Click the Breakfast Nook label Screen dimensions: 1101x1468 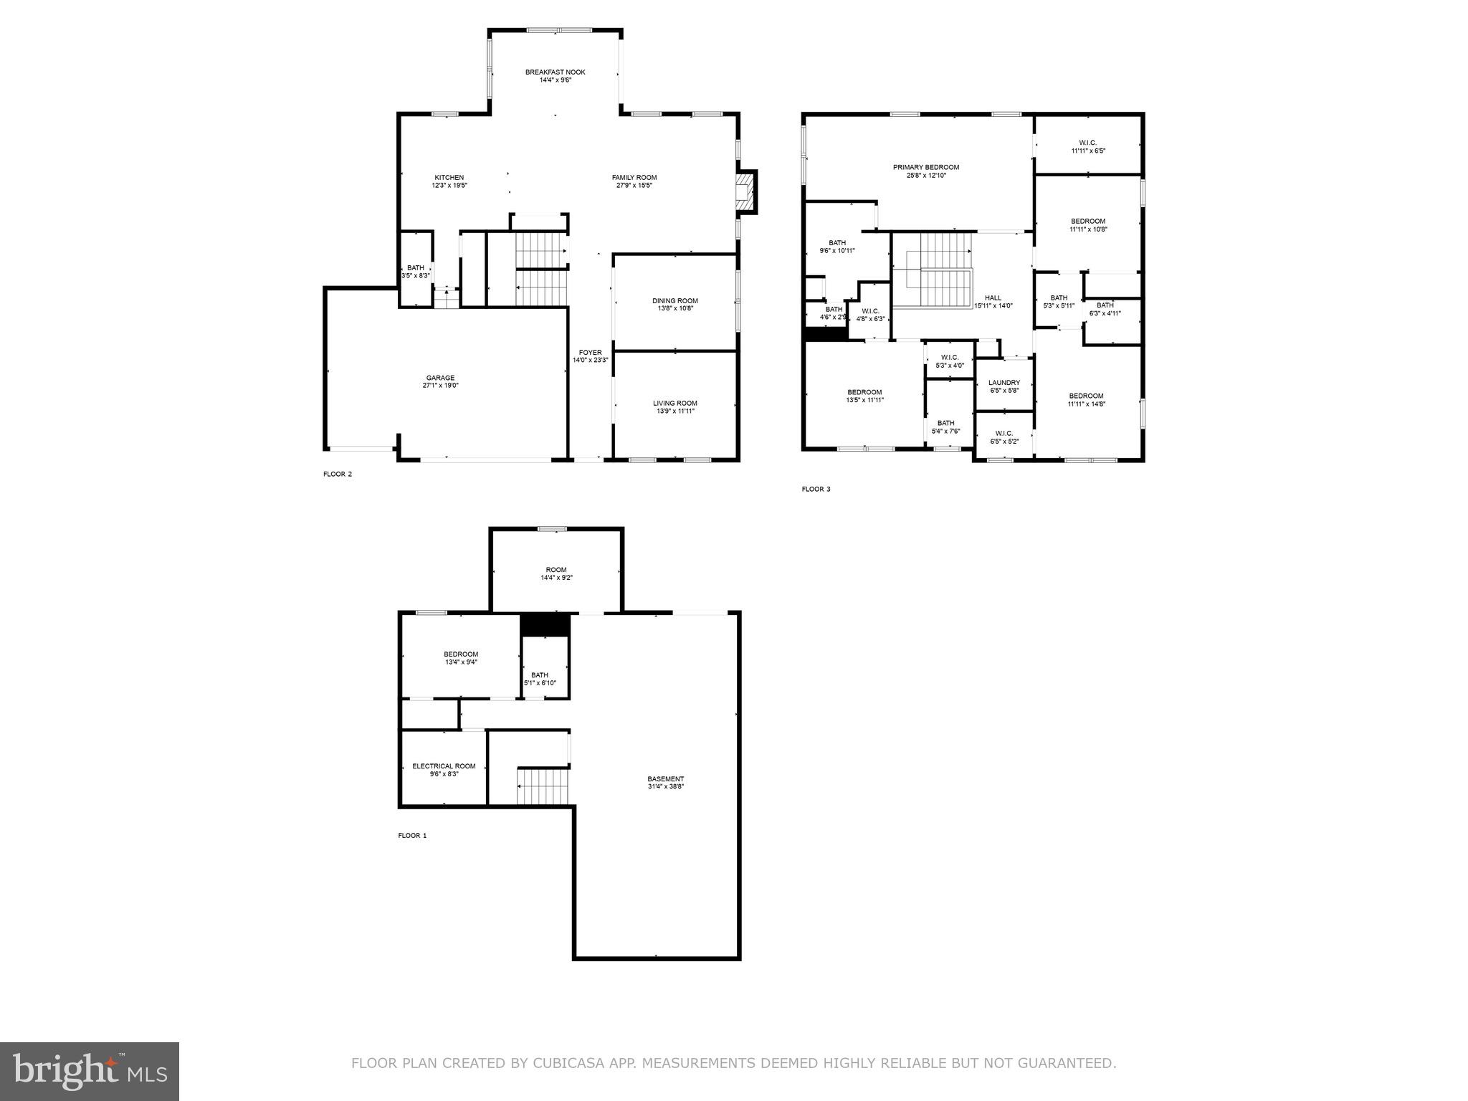[x=555, y=72]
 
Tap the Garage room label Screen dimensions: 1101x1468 [x=440, y=378]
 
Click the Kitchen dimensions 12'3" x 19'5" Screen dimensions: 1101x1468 [x=449, y=186]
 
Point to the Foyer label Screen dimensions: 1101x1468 [x=590, y=353]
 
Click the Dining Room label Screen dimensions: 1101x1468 [x=675, y=301]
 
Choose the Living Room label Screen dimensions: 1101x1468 [x=675, y=403]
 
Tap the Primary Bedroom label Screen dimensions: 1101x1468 [x=925, y=167]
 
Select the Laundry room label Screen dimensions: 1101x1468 [x=1004, y=383]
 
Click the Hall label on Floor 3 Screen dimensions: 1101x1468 [x=993, y=298]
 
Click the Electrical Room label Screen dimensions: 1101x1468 [x=444, y=766]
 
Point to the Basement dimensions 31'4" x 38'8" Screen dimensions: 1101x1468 [x=665, y=787]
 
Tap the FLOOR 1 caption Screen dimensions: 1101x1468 [x=412, y=836]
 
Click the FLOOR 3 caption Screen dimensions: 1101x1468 [x=816, y=490]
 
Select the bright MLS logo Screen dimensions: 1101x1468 [x=90, y=1072]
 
